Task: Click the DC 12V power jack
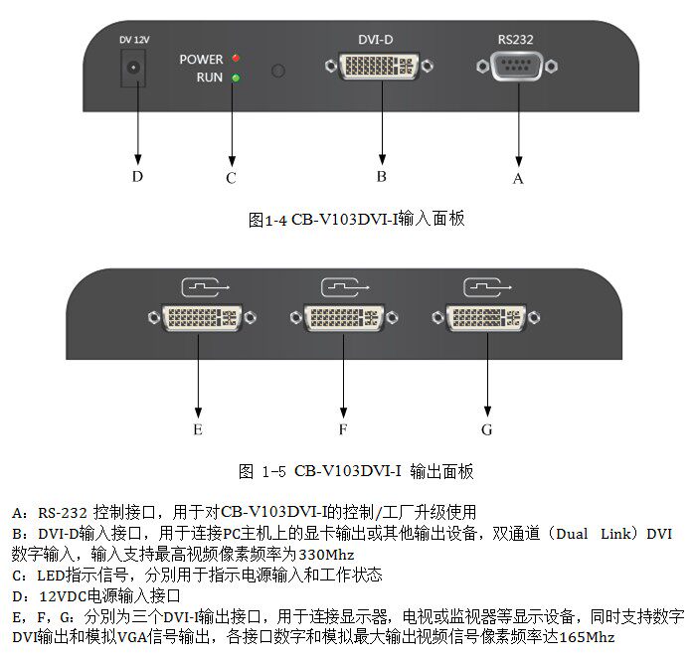click(x=132, y=71)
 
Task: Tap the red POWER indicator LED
click(x=236, y=60)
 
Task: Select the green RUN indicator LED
click(x=236, y=77)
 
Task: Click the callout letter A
click(x=517, y=179)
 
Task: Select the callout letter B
click(x=381, y=177)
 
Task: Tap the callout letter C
click(x=231, y=178)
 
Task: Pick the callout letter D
click(x=137, y=177)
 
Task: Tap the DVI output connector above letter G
click(x=486, y=318)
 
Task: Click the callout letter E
click(x=198, y=429)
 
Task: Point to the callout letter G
click(x=486, y=429)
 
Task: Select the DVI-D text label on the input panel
click(x=376, y=40)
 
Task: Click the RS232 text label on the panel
click(x=516, y=40)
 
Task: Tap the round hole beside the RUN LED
click(x=279, y=71)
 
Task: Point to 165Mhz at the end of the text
click(x=584, y=637)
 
